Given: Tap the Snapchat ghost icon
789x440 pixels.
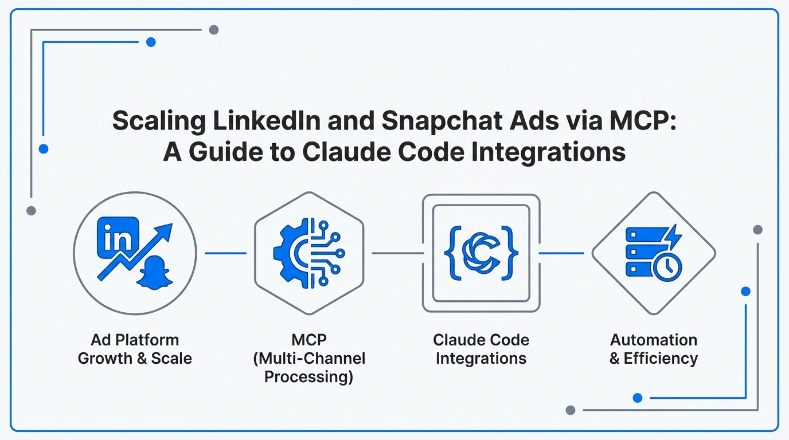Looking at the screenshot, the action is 154,273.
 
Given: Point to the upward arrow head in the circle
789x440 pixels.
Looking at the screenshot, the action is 163,233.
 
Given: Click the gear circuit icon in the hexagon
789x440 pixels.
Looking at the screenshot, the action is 309,253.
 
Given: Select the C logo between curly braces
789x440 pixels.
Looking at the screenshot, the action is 481,253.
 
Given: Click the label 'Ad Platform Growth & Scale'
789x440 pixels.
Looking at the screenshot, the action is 135,349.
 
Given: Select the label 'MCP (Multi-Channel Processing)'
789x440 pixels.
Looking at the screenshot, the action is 309,358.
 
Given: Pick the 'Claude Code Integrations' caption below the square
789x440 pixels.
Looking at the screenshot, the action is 481,349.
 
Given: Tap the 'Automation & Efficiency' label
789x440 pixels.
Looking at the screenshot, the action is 654,349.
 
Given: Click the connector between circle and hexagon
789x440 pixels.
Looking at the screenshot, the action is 226,253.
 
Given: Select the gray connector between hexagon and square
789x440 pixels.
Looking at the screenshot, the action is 398,253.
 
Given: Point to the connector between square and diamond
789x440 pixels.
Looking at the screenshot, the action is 561,253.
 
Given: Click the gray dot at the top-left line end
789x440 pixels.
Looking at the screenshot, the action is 214,30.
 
